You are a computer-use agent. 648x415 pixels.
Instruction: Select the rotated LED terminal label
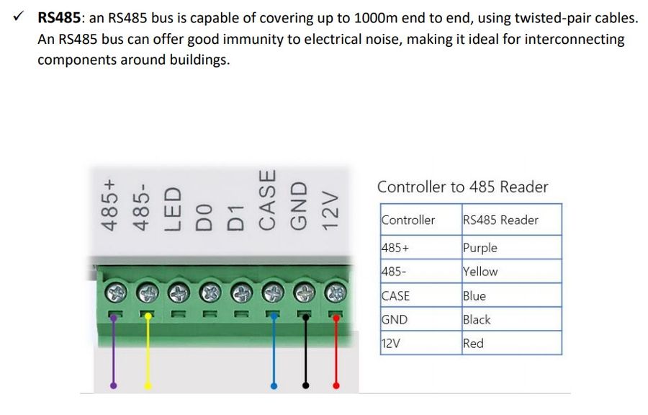[x=173, y=209]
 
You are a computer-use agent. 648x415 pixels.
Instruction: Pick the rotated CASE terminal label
[x=267, y=200]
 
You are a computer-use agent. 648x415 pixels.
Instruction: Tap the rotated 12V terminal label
[x=330, y=210]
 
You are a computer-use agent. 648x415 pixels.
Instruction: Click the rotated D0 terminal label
[x=204, y=216]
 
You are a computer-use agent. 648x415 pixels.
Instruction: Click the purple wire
[x=114, y=353]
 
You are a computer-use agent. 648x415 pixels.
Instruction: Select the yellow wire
[x=147, y=353]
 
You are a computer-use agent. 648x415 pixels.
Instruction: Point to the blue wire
[x=274, y=353]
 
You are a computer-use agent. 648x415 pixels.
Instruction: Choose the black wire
[x=305, y=353]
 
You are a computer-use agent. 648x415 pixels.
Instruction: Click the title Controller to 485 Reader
[x=462, y=187]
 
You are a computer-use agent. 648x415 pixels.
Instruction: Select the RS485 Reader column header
[x=500, y=220]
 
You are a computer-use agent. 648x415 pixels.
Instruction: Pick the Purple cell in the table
[x=480, y=248]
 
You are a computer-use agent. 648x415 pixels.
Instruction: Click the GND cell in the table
[x=395, y=319]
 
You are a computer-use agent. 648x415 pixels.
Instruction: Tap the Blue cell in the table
[x=474, y=295]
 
